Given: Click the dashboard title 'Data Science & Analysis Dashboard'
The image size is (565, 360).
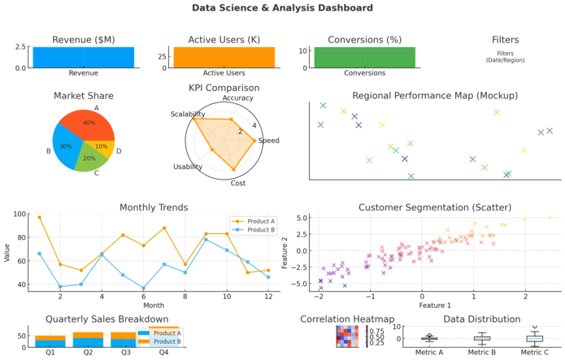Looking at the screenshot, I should tap(282, 8).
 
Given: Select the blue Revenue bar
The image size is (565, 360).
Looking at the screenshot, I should tap(83, 57).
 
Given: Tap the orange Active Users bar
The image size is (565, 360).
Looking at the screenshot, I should tap(224, 56).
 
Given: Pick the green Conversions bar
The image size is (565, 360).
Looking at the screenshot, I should tap(364, 57).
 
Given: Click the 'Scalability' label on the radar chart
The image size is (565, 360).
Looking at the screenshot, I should tap(188, 115).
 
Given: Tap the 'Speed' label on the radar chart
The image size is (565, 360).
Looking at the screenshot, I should tap(268, 141).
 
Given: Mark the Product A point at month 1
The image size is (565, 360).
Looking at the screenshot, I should tap(39, 218).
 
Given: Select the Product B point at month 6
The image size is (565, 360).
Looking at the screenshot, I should tap(144, 288).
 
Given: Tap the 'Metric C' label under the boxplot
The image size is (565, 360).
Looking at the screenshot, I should tap(534, 351).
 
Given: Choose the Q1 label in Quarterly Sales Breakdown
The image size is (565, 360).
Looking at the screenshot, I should tap(50, 353).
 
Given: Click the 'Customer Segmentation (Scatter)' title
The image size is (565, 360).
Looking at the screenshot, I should tap(434, 207).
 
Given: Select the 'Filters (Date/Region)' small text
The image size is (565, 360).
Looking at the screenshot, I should tap(505, 56).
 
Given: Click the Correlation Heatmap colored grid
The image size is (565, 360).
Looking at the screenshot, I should tap(346, 336).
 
